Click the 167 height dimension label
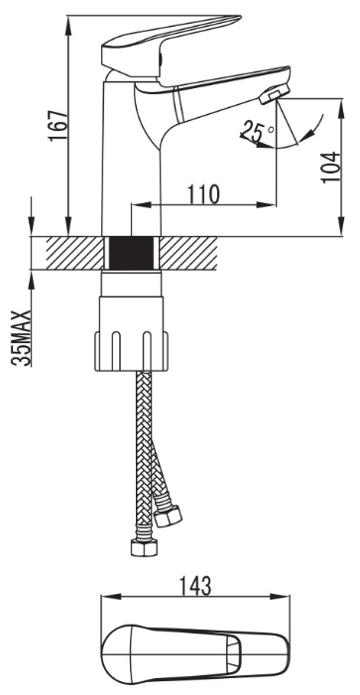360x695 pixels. [x=59, y=125]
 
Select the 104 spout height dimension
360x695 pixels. [x=330, y=167]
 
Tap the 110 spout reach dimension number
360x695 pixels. [x=203, y=194]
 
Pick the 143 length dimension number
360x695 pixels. [x=195, y=586]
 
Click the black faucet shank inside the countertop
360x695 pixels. [x=131, y=253]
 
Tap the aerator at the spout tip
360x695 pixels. [x=274, y=94]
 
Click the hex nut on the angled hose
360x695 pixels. [x=169, y=516]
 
